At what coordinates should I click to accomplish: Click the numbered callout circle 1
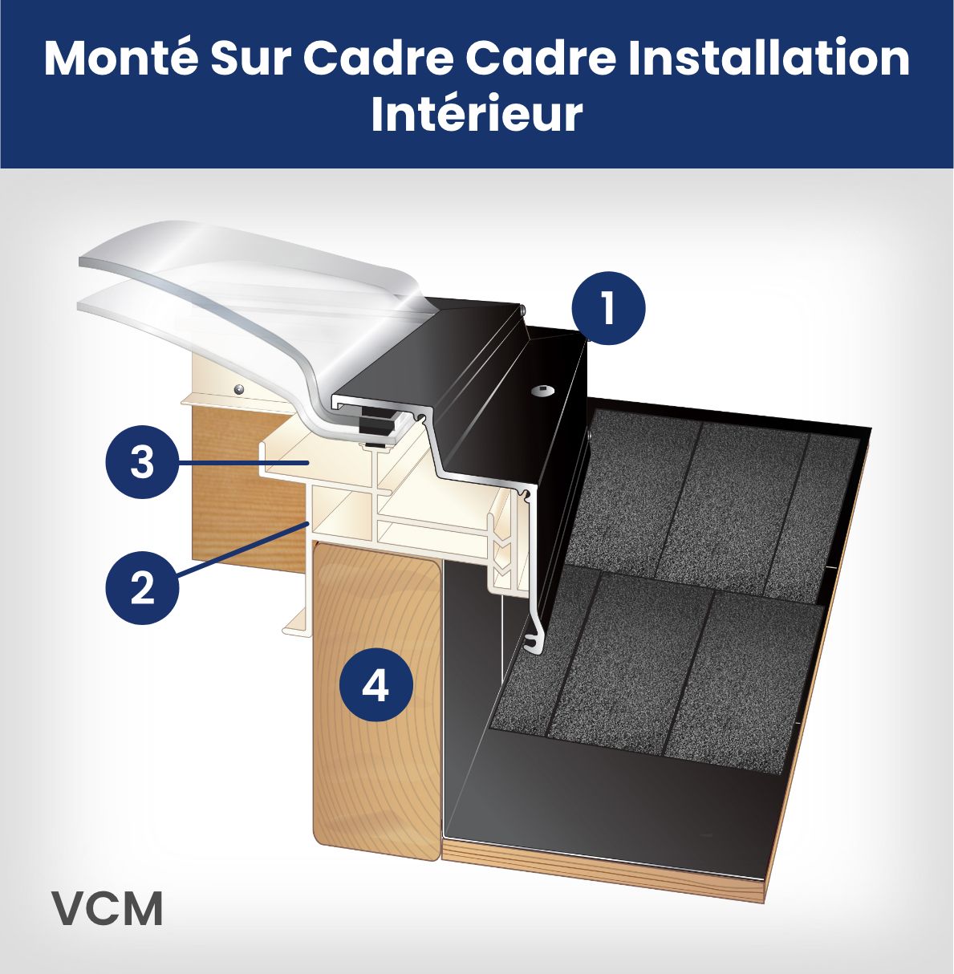pyautogui.click(x=608, y=309)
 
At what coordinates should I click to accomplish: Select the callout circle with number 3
pyautogui.click(x=142, y=463)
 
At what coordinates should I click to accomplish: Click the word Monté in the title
pyautogui.click(x=120, y=58)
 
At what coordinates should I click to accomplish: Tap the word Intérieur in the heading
pyautogui.click(x=477, y=114)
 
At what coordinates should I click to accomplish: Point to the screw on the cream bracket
pyautogui.click(x=239, y=389)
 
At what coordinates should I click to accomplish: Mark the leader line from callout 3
pyautogui.click(x=241, y=463)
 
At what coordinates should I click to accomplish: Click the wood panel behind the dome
pyautogui.click(x=233, y=497)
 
